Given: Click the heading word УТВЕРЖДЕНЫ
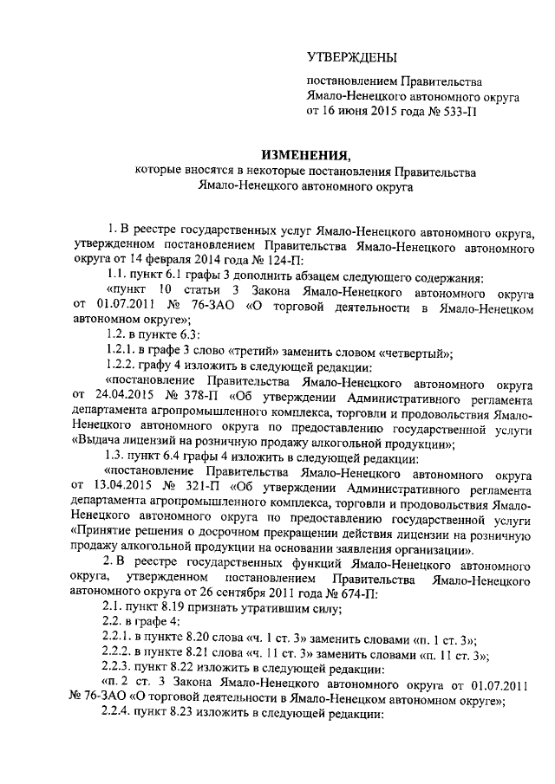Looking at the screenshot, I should tap(351, 57).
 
